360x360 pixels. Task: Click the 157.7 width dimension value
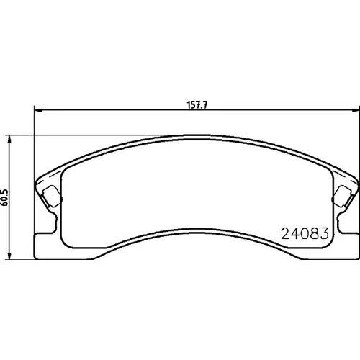point(197,105)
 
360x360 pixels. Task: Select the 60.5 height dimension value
point(5,197)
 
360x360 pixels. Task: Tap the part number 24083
point(305,233)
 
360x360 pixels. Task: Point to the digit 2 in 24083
point(285,233)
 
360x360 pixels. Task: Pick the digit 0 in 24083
point(305,233)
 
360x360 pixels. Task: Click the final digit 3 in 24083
point(324,233)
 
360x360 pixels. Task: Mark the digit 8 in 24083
point(314,233)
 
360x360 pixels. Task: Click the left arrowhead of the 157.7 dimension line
point(38,110)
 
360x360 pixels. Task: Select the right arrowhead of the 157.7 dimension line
point(356,110)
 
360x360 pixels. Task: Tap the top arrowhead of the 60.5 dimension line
point(9,139)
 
